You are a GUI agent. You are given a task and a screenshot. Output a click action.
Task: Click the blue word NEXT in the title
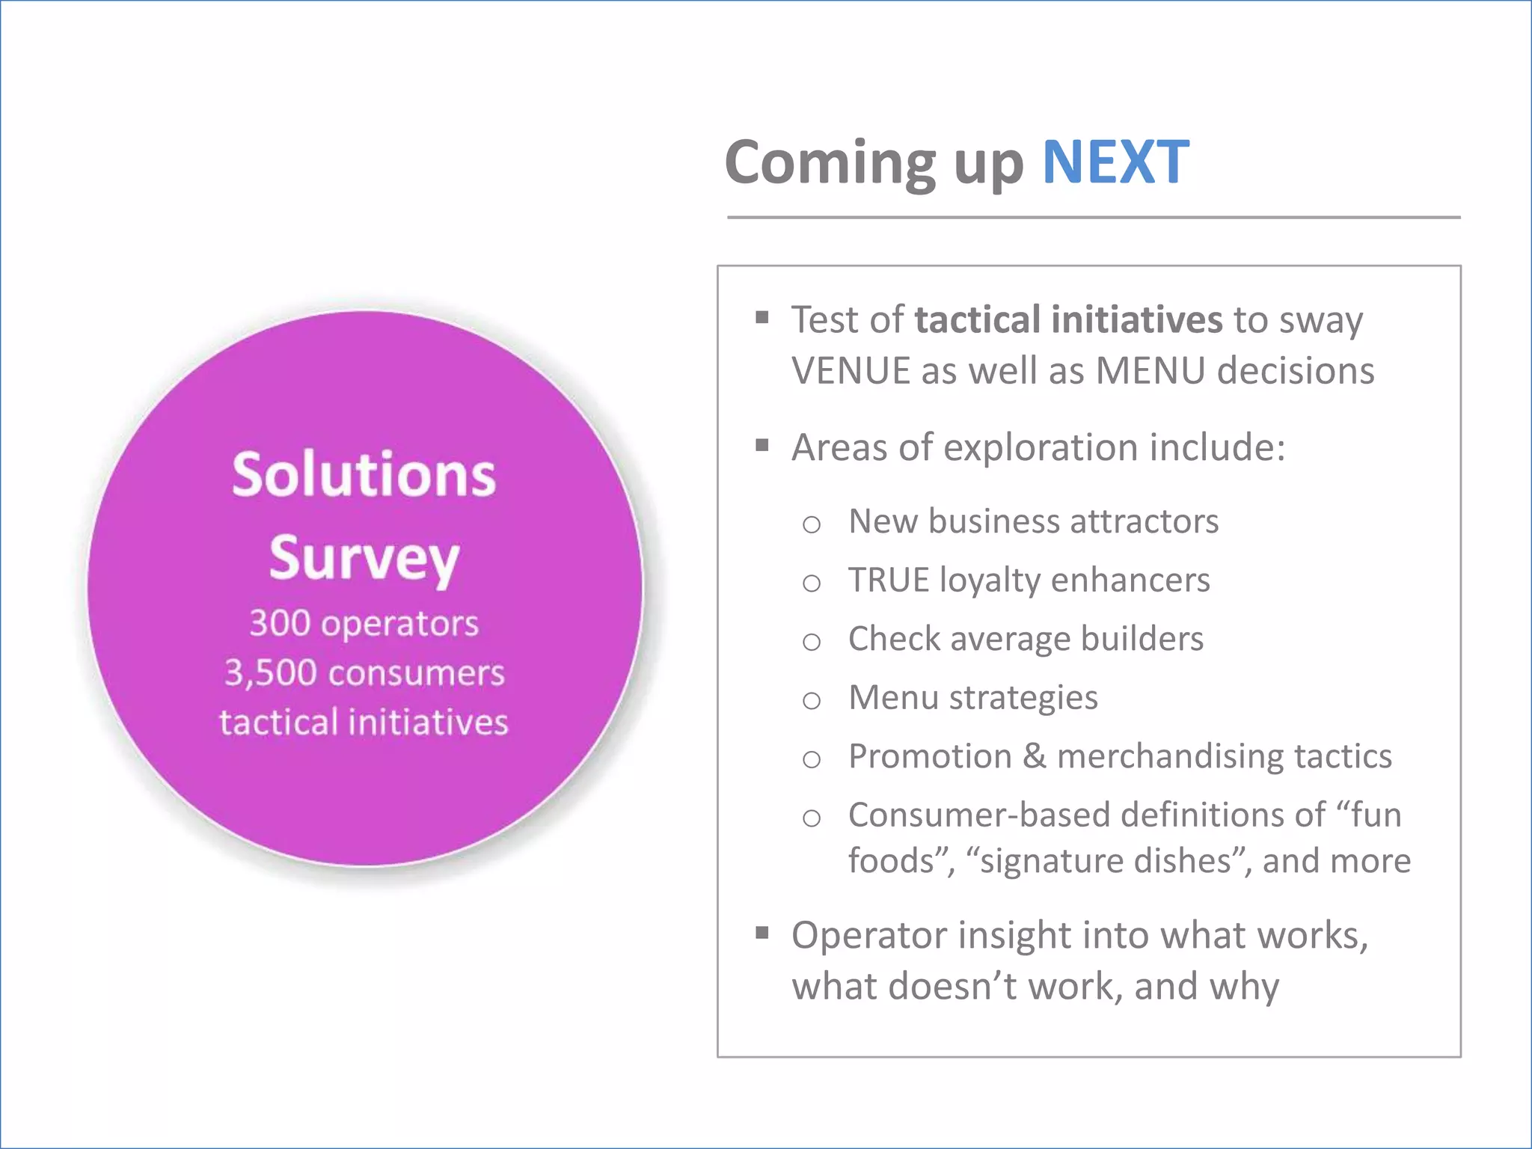click(1115, 162)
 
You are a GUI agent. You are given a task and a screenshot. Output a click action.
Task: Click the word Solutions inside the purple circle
click(364, 476)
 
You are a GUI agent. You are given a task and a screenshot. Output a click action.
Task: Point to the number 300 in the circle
click(280, 623)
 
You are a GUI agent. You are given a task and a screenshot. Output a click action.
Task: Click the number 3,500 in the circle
click(271, 672)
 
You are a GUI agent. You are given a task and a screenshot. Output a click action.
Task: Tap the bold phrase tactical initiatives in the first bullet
click(1068, 320)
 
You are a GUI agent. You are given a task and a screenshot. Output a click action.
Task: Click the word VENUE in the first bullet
click(850, 371)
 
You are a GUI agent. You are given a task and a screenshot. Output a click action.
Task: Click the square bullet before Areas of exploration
click(762, 447)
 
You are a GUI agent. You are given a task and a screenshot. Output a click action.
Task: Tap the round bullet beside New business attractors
click(812, 524)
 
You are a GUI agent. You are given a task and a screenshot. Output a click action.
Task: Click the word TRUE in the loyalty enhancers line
click(888, 580)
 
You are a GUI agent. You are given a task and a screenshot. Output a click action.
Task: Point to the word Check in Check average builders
click(894, 639)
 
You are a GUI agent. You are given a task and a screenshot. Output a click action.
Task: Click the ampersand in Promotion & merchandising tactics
click(1034, 756)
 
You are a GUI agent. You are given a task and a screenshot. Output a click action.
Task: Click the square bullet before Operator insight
click(762, 933)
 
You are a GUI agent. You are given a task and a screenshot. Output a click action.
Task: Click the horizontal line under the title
click(1093, 218)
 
